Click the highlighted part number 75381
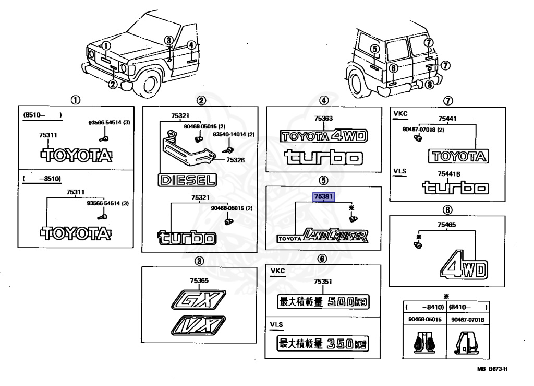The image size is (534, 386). [323, 197]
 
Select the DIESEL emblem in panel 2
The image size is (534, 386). [187, 181]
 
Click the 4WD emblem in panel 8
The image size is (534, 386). [464, 267]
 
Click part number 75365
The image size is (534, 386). [200, 280]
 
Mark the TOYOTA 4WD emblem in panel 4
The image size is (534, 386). [324, 136]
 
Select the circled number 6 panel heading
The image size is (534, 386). [323, 258]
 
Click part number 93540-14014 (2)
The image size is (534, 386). [234, 134]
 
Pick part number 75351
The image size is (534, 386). [323, 281]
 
